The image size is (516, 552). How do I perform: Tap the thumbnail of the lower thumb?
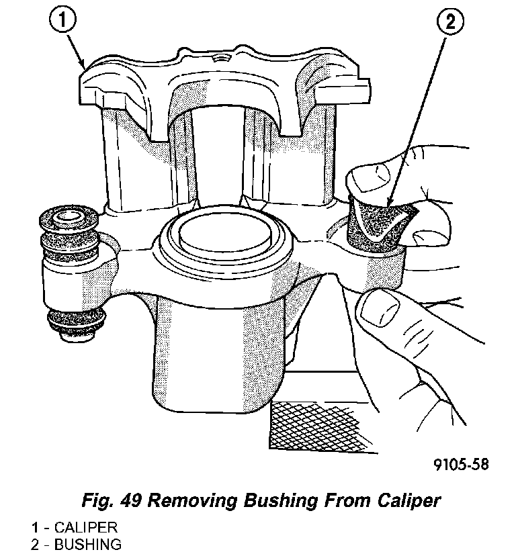pos(376,312)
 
